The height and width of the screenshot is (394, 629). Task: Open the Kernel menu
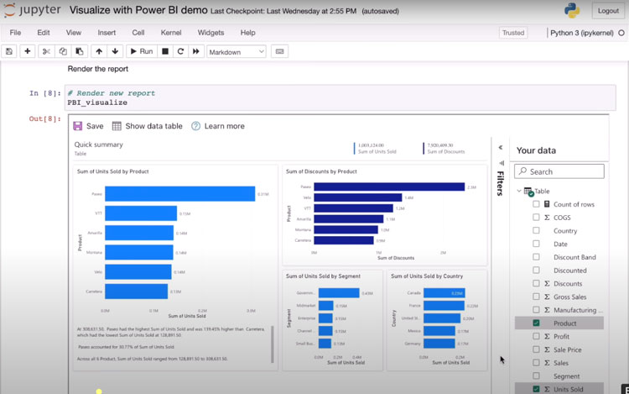[x=170, y=33]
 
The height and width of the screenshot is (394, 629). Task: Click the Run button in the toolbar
[x=140, y=51]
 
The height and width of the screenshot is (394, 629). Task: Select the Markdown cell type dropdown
[x=236, y=51]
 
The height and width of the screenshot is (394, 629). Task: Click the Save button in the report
[x=88, y=126]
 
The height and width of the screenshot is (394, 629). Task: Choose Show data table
[x=147, y=126]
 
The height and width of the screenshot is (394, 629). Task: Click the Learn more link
[x=217, y=126]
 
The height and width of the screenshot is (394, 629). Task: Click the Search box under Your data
[x=559, y=171]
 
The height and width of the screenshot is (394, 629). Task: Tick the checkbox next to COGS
[x=536, y=218]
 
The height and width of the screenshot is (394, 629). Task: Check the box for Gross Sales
[x=536, y=297]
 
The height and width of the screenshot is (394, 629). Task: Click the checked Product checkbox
[x=536, y=323]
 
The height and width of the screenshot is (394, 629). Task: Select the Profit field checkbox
[x=536, y=337]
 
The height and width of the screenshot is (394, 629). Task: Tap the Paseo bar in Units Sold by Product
[x=179, y=194]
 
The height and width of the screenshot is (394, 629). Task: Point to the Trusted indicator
[x=512, y=33]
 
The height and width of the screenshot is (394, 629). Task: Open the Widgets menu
[x=211, y=33]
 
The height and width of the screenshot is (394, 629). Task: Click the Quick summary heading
[x=99, y=144]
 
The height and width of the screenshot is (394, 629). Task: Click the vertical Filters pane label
[x=500, y=183]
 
